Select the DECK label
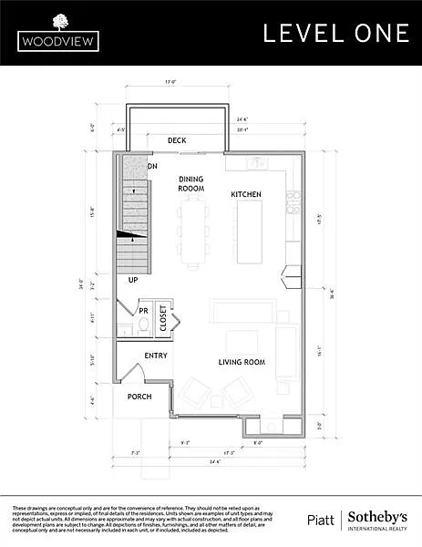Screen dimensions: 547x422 pos(177,140)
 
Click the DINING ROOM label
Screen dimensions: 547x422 pos(190,183)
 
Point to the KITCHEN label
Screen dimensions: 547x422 pos(245,195)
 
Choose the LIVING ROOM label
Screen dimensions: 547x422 pos(241,362)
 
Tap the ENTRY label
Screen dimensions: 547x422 pos(156,355)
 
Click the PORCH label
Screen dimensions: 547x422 pos(139,397)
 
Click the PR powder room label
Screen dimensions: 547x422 pos(143,311)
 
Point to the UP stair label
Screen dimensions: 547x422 pos(133,280)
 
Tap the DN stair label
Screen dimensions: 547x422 pos(152,167)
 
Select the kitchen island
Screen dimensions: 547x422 pos(249,232)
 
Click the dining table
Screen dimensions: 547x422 pos(192,232)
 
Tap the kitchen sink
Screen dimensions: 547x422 pos(258,162)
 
